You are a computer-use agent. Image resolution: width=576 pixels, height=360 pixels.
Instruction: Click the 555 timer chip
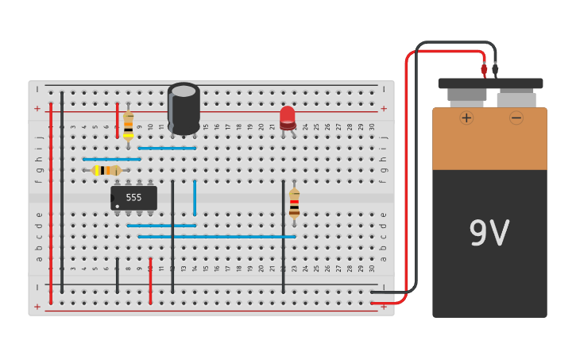133,198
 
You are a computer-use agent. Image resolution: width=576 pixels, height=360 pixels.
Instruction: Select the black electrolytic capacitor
184,109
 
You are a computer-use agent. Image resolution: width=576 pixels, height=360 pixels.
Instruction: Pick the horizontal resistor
106,170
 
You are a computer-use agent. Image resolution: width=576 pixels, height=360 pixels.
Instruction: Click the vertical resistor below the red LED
294,203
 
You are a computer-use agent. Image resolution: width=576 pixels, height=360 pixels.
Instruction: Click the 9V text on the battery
489,233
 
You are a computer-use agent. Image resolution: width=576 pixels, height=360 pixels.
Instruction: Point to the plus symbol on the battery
466,118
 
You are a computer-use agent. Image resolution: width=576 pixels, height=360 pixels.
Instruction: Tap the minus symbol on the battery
516,118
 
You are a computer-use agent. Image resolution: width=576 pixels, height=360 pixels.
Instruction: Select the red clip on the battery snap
484,69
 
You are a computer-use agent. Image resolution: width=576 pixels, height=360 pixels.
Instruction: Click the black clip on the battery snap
495,69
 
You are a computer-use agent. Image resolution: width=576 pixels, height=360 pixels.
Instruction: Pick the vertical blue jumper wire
195,197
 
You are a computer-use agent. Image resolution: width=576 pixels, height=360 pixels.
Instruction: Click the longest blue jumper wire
216,236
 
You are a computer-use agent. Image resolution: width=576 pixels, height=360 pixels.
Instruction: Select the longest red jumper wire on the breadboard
51,203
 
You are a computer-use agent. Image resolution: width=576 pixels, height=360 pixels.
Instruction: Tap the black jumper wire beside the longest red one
62,191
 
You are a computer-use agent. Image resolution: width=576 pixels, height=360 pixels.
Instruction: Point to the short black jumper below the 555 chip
117,275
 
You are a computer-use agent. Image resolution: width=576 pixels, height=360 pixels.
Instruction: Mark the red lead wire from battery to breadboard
406,183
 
